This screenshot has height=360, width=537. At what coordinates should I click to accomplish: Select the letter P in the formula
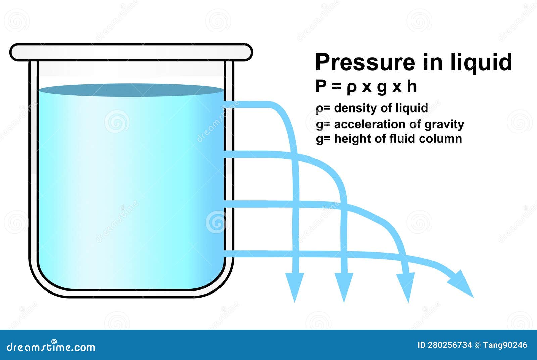coord(321,87)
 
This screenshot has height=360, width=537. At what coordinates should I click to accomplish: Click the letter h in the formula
coord(412,87)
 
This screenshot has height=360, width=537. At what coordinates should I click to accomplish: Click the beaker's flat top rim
coord(131,52)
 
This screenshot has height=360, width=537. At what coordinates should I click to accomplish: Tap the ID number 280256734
coord(449,345)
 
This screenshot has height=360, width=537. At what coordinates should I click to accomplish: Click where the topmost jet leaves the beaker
coord(232,104)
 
